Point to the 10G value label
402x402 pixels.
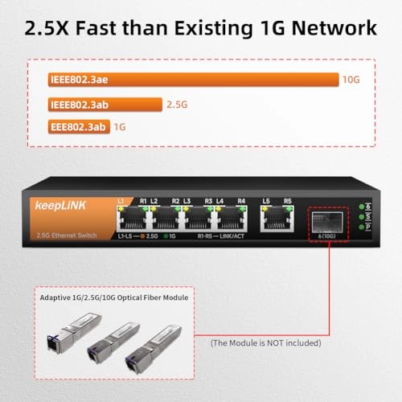coord(351,80)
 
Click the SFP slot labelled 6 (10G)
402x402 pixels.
coord(326,223)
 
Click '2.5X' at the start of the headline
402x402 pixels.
coord(50,28)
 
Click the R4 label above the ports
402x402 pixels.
coord(241,201)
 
